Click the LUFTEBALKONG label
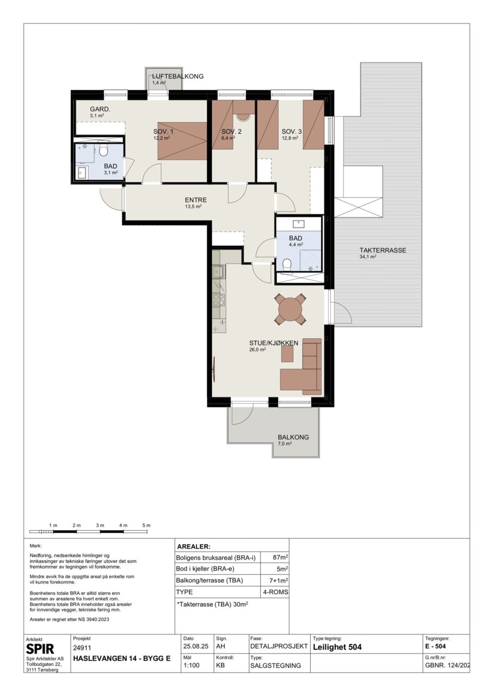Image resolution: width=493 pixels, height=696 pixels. pos(177,76)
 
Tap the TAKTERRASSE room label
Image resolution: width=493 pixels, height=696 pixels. pos(383,250)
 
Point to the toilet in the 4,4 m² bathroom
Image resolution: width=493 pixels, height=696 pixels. pos(287,265)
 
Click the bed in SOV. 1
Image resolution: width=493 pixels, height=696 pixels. pos(182,141)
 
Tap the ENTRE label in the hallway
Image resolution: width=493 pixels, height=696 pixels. pos(195,200)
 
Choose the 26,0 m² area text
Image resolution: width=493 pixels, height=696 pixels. pos(257,349)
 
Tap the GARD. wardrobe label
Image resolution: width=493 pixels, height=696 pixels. pos(100,109)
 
